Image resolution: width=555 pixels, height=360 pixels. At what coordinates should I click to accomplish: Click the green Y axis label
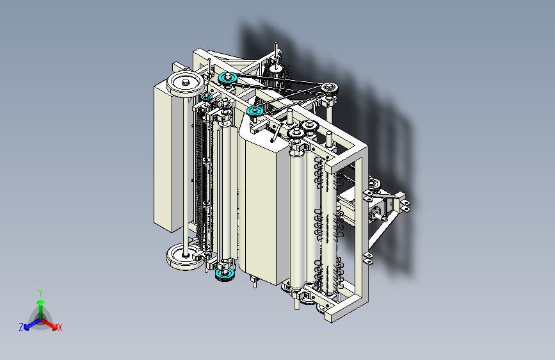coord(40,293)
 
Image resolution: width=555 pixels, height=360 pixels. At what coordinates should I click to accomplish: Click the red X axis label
coord(60,328)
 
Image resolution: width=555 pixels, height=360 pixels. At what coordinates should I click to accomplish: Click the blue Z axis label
coord(21,327)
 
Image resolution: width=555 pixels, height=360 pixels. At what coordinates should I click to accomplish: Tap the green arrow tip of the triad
coord(41,302)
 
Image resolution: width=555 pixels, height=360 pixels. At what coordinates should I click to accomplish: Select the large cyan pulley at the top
coord(228,78)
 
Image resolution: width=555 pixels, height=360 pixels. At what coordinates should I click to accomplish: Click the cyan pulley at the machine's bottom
coord(225,274)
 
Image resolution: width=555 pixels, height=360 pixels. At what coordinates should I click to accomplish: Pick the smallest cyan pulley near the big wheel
coord(206,97)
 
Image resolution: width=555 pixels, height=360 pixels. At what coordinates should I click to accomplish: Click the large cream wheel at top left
coord(186,84)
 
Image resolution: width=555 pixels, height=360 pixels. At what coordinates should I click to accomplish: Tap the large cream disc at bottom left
coord(184,256)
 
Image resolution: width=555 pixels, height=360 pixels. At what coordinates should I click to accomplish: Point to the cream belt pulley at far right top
coord(330,88)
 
